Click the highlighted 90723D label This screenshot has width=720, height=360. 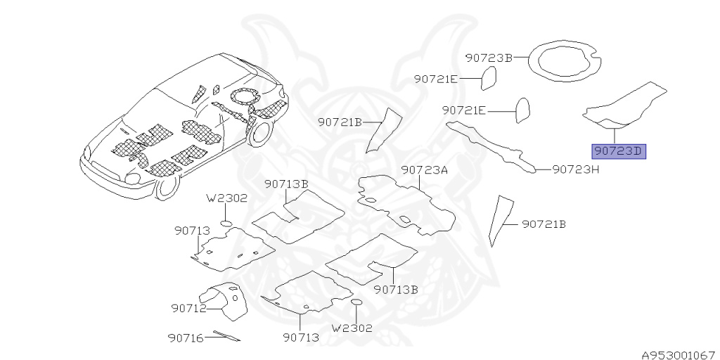point(619,151)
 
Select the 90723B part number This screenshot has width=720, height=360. point(489,58)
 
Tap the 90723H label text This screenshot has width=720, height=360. point(575,169)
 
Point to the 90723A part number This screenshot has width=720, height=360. point(425,170)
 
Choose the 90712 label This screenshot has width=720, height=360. point(188,308)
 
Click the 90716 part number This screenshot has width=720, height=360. point(186,338)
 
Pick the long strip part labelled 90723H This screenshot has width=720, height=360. point(492,144)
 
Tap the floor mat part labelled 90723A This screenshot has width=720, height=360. point(404,204)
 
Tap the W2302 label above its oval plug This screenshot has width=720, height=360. point(226,199)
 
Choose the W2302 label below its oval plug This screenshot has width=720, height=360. point(352,328)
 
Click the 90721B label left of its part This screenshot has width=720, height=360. point(339,122)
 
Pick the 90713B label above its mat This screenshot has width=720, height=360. point(286,184)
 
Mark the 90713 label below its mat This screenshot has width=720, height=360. point(301,338)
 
